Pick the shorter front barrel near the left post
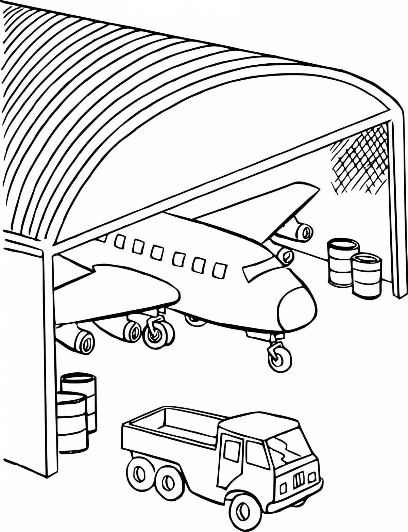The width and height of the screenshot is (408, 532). point(71,422)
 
